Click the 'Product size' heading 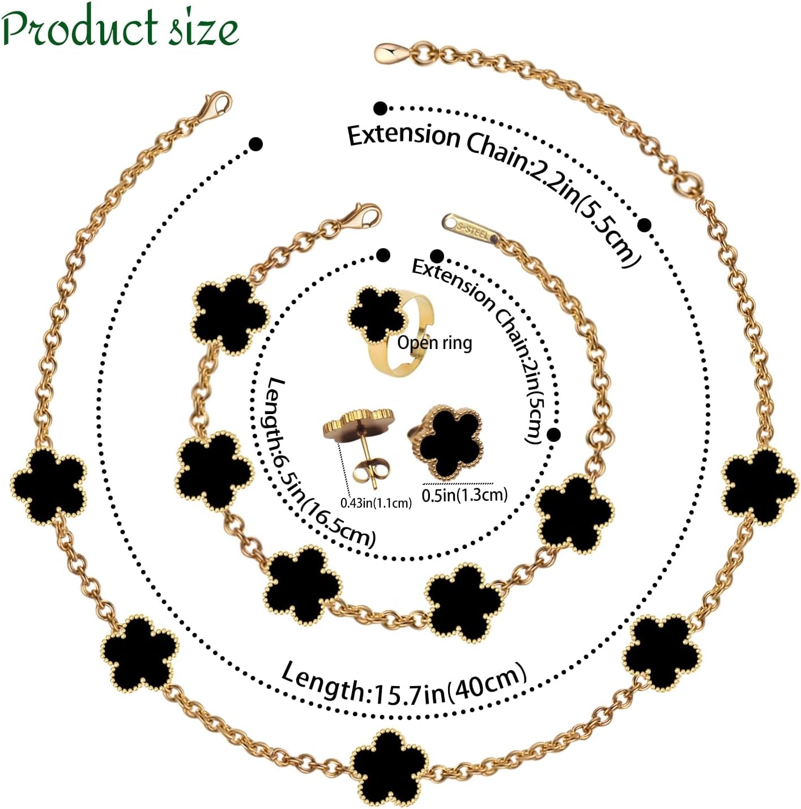tap(120, 27)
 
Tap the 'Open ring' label tap(434, 343)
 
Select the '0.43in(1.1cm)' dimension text tap(376, 503)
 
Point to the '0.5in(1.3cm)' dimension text tap(465, 495)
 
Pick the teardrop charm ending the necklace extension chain tap(391, 53)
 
